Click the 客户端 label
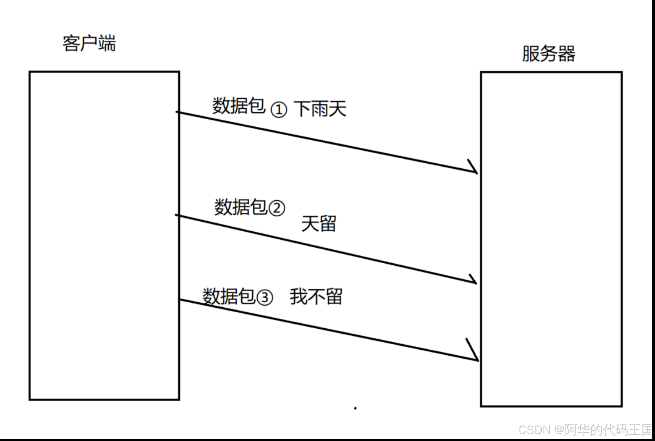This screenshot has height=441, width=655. (89, 43)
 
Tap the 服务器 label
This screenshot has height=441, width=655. (548, 53)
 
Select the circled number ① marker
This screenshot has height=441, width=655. (279, 110)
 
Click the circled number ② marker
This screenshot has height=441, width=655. (277, 208)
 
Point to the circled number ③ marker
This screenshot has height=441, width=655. (265, 297)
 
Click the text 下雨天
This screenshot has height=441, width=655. (320, 109)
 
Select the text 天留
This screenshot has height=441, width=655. (319, 224)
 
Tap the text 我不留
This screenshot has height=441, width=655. (316, 297)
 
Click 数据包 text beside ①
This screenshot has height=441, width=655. (238, 106)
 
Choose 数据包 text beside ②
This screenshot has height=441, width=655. (240, 207)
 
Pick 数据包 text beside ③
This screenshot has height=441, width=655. (228, 296)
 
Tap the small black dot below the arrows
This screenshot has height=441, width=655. (355, 408)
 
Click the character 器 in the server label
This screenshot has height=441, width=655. (566, 53)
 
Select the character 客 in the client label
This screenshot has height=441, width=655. (71, 43)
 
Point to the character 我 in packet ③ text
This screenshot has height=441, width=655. (298, 297)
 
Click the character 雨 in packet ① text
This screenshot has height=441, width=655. (320, 109)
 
